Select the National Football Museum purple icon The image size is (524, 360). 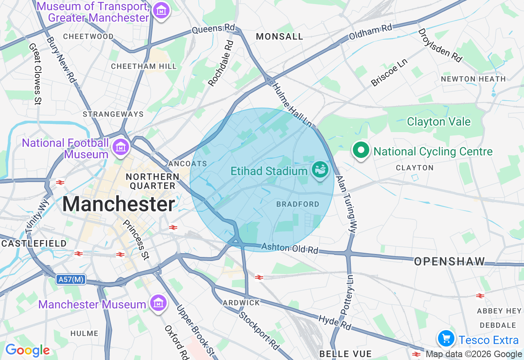[x=121, y=147]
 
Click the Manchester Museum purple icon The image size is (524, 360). [x=158, y=303]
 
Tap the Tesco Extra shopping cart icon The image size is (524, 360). [x=446, y=339]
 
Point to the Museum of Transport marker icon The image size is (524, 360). [x=161, y=11]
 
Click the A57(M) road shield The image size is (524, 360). [x=71, y=279]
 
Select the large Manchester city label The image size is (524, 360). [x=119, y=204]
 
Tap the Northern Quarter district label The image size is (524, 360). [x=153, y=181]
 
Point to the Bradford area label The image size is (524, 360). [x=298, y=204]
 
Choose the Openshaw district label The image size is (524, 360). [x=449, y=261]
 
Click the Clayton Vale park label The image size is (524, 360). [x=438, y=122]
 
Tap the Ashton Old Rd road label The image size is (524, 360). [x=289, y=248]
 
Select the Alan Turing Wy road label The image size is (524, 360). [x=346, y=205]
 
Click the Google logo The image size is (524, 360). [x=27, y=350]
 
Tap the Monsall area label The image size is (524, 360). [x=280, y=36]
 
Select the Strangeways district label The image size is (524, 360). [x=113, y=114]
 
